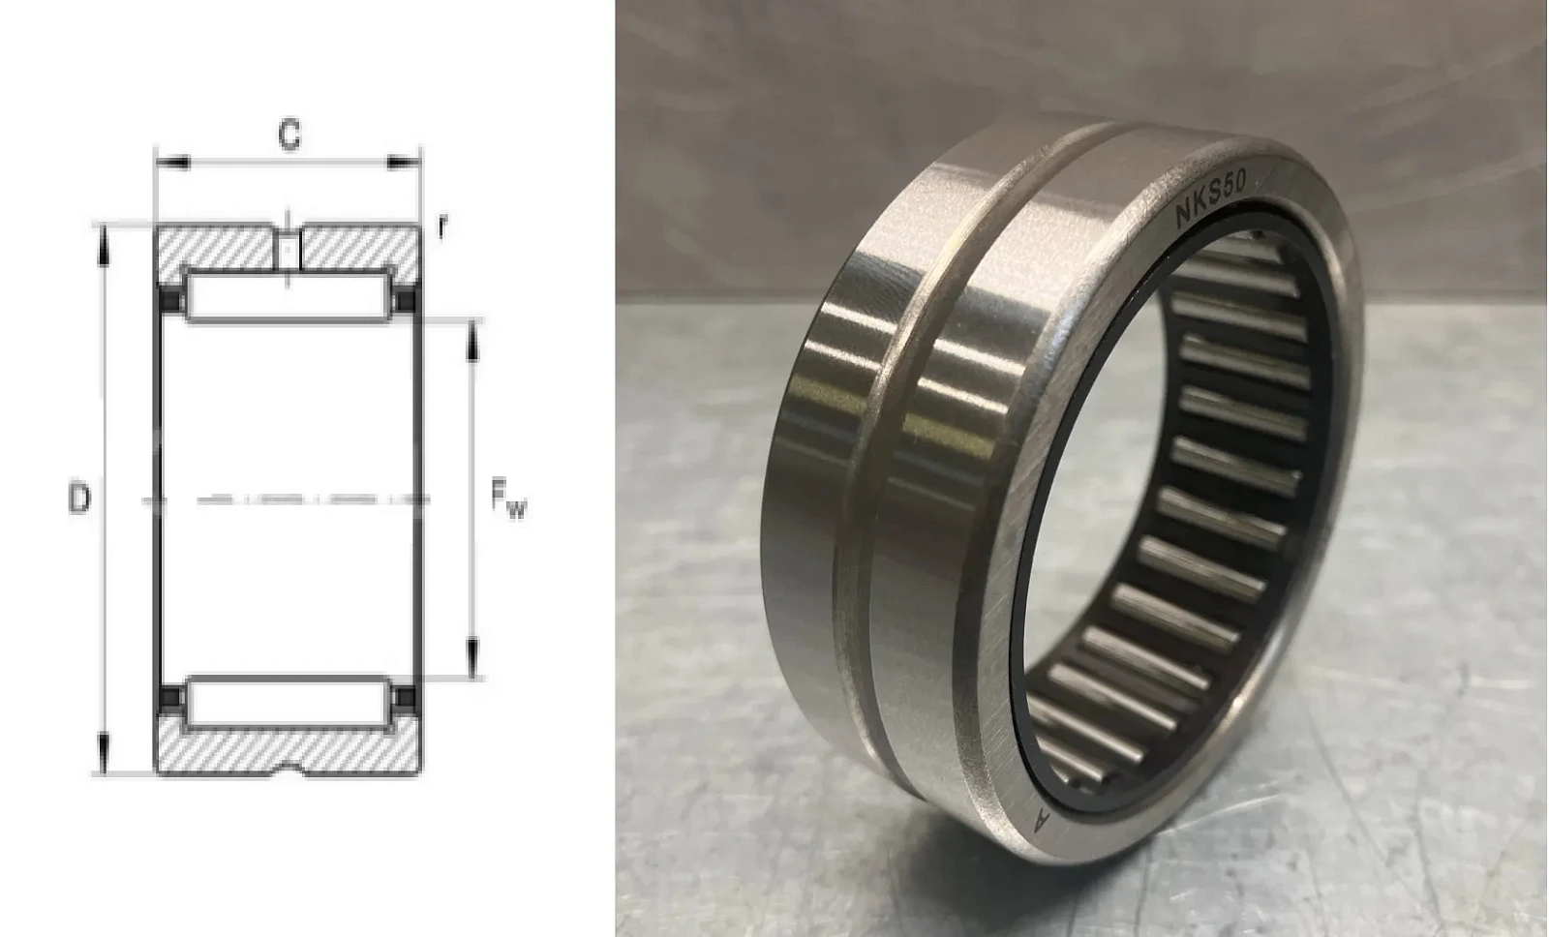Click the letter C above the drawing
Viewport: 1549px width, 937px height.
point(289,135)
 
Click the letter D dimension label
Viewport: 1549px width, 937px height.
point(78,499)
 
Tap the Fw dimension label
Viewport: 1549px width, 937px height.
point(508,499)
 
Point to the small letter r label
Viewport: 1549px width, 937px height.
point(442,227)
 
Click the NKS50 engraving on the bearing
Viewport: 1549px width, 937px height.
point(1211,198)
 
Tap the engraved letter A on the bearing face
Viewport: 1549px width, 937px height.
point(1041,820)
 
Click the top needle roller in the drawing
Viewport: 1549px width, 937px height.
point(289,297)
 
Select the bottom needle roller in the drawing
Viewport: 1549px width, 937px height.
point(289,703)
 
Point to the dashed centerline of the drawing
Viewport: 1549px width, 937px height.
point(287,499)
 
